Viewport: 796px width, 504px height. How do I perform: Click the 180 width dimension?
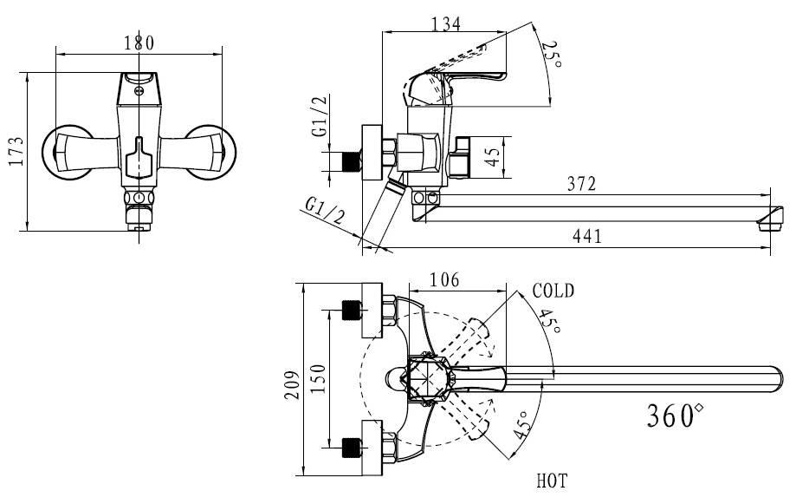point(139,43)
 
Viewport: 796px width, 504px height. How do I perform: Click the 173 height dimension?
point(16,151)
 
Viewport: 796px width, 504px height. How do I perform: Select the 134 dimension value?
point(446,24)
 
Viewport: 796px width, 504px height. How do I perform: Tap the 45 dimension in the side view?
point(493,157)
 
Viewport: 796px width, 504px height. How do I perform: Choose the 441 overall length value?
point(587,236)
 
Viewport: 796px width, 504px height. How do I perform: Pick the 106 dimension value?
point(444,279)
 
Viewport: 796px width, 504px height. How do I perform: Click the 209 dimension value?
point(291,383)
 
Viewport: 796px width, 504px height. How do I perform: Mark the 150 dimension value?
point(317,379)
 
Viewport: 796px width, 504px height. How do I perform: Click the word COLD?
point(553,291)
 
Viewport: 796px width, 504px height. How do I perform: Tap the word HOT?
point(552,481)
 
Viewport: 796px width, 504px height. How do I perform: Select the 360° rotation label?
point(675,416)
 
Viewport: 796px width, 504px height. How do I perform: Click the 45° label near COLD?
point(549,322)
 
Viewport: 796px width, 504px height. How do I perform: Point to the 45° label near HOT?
point(523,425)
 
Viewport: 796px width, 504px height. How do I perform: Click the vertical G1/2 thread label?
point(320,116)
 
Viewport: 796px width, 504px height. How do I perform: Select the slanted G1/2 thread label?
point(325,211)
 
